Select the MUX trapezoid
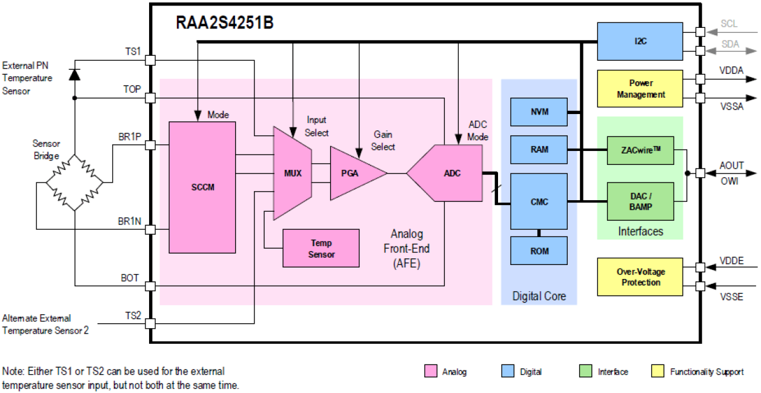(292, 173)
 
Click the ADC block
(448, 173)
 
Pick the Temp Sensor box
(321, 248)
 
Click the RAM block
(539, 149)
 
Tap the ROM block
(539, 250)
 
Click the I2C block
(640, 41)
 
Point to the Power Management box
(640, 89)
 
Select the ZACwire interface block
(640, 150)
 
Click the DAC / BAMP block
(640, 201)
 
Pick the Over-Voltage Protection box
(640, 277)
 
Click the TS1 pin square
(150, 61)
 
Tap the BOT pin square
(150, 286)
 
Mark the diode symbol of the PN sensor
(75, 74)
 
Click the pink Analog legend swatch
(431, 371)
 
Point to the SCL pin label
(729, 24)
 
